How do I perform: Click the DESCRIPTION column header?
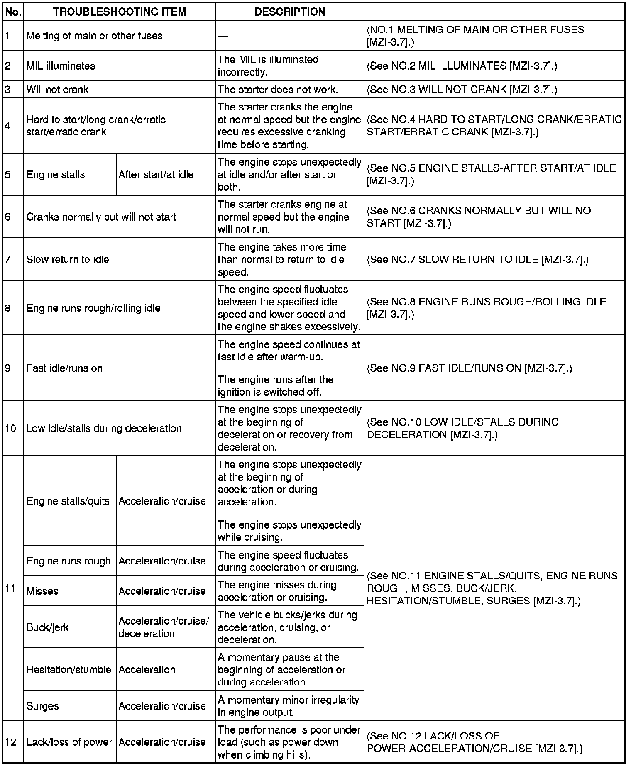(x=289, y=12)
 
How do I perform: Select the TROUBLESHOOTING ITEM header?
(x=120, y=12)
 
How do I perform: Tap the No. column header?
(x=13, y=12)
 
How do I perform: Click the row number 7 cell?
(x=8, y=259)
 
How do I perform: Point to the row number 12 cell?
(x=11, y=742)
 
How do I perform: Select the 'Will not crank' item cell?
(x=57, y=89)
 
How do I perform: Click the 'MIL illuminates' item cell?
(x=61, y=66)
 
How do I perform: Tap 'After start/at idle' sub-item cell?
(x=156, y=174)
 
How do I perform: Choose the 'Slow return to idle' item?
(x=68, y=259)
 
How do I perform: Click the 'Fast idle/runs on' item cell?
(x=64, y=368)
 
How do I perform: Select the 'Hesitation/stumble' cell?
(x=68, y=669)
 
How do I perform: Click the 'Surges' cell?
(x=43, y=706)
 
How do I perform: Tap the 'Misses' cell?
(x=42, y=591)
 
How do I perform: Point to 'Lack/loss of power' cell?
(x=69, y=742)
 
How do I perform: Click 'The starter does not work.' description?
(x=278, y=89)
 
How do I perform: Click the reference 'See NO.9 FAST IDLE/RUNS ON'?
(x=470, y=368)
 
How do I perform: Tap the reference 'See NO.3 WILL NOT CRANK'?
(x=462, y=89)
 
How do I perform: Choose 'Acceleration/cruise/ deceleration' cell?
(x=164, y=627)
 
